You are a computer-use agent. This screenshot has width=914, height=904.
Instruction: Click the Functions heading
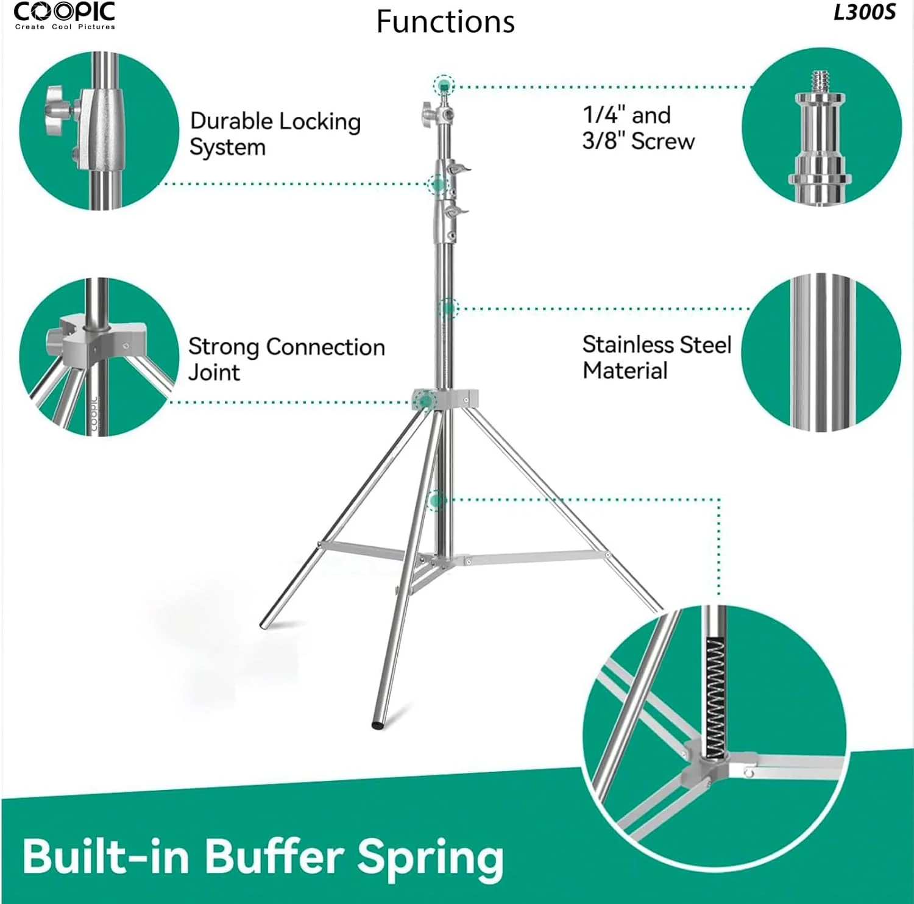445,22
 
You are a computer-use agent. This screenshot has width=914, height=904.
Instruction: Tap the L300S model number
865,13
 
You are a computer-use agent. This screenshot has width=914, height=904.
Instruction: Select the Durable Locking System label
275,134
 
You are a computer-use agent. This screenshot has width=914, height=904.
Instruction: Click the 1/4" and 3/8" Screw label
638,128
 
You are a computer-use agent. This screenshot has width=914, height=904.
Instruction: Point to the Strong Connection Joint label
286,359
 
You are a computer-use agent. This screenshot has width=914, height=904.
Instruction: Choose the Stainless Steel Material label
657,357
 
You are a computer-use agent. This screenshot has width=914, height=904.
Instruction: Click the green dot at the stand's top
444,85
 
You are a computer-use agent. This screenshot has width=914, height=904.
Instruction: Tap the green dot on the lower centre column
435,501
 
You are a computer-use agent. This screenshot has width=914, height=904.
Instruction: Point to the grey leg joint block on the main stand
445,399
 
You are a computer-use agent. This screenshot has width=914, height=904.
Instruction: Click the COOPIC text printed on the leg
94,414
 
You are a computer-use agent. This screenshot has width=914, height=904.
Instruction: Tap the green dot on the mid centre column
448,308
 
